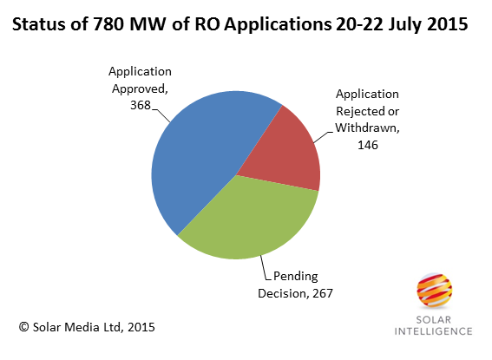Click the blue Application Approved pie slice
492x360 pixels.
(200, 157)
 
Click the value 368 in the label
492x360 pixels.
(141, 105)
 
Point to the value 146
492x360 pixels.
(368, 145)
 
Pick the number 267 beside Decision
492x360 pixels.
(322, 293)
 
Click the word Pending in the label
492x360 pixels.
(296, 277)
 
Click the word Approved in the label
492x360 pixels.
(140, 89)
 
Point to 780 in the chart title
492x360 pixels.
(108, 24)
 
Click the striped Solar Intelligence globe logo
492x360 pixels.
(434, 291)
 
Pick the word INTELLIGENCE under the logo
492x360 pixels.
(433, 331)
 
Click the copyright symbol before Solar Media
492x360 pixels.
(23, 327)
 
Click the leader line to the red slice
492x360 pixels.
(322, 137)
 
